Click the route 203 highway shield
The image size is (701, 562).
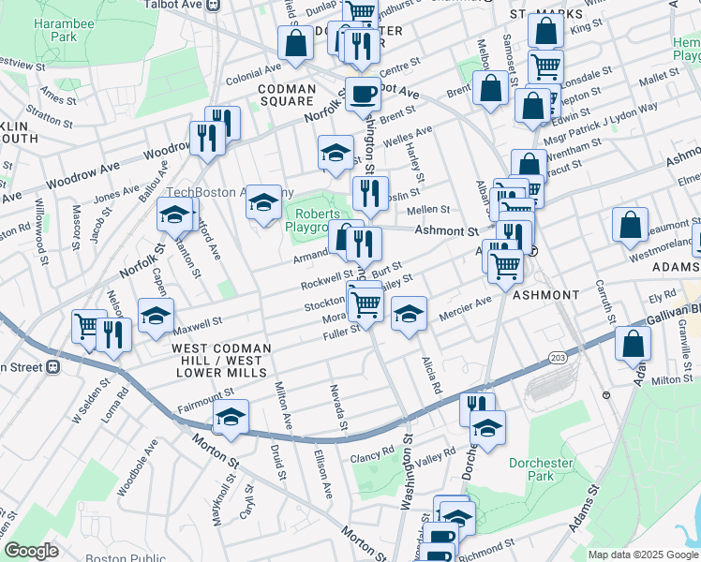click(557, 357)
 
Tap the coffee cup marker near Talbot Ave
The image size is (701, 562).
click(362, 93)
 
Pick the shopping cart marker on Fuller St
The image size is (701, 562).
click(365, 303)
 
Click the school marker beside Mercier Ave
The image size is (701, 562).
click(409, 314)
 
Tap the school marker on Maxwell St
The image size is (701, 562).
click(156, 316)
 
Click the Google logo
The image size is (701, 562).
click(32, 551)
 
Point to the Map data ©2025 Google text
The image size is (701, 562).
click(643, 555)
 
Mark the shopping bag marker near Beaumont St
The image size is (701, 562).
click(630, 225)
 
